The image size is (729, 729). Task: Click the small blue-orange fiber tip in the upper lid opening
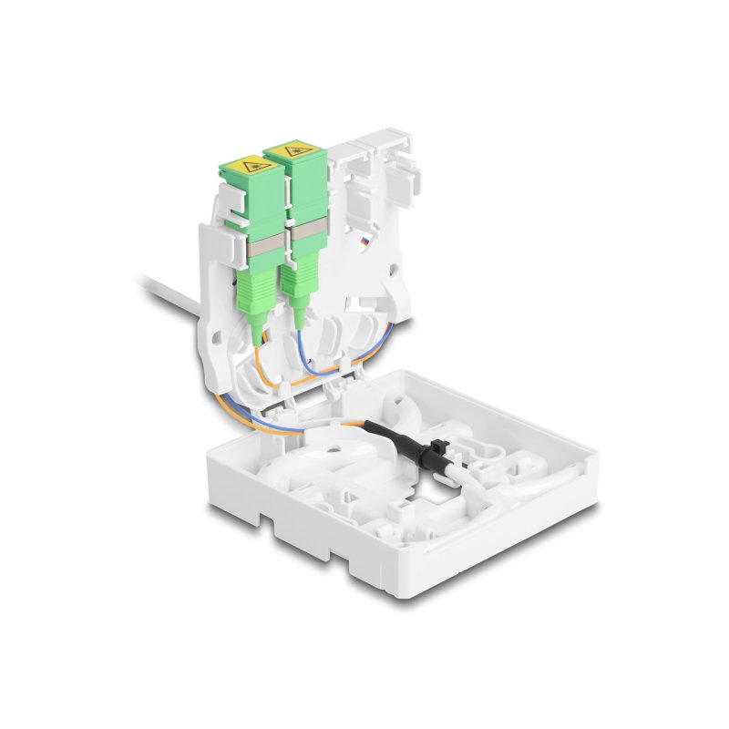[364, 241]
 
